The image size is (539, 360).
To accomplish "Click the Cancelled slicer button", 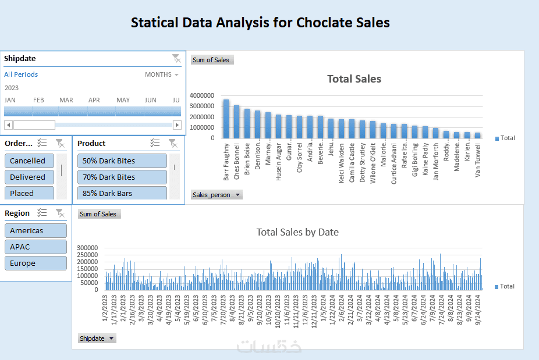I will [29, 161].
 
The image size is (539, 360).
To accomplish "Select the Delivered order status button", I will [29, 177].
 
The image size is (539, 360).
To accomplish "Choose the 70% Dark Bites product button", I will [122, 177].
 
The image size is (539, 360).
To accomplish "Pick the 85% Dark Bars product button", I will [122, 193].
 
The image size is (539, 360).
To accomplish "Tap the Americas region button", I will [36, 231].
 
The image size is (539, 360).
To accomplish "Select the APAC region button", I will [36, 247].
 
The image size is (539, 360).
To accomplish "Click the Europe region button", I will [36, 263].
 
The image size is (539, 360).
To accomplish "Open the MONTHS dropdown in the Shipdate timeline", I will [162, 74].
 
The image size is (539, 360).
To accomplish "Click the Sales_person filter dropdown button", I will [217, 195].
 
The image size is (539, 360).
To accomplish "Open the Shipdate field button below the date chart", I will [97, 338].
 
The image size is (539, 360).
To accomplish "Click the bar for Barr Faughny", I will [226, 119].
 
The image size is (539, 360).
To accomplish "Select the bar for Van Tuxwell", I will [478, 135].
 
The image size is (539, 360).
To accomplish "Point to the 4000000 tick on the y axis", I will [201, 95].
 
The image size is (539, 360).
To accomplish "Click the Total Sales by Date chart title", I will [297, 232].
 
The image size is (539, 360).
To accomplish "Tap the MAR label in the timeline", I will [66, 100].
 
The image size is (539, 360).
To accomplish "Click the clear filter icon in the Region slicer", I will [59, 213].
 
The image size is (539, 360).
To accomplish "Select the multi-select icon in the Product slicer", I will [155, 143].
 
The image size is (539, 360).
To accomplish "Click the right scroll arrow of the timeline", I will [177, 125].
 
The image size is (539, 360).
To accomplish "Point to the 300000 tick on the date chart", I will [89, 247].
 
